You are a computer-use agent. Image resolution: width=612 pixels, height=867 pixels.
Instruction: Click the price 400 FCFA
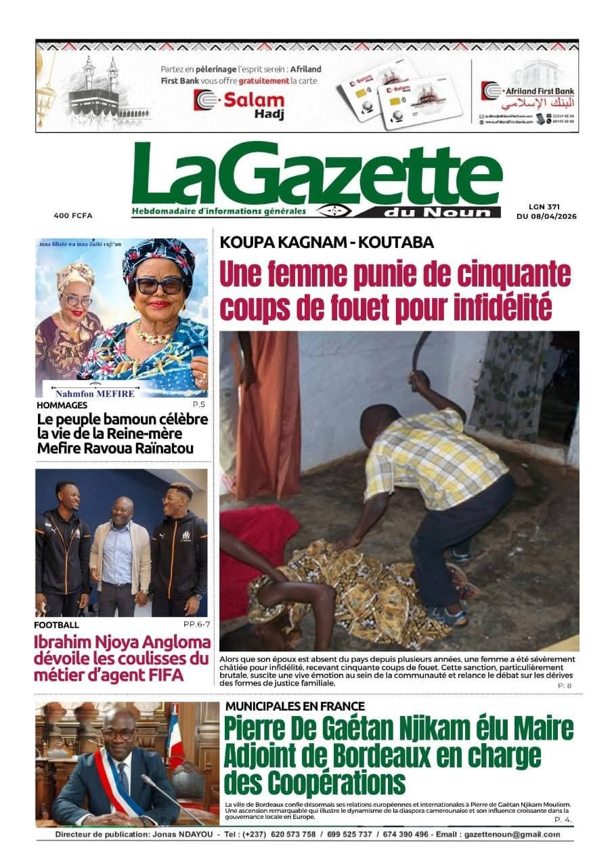[73, 215]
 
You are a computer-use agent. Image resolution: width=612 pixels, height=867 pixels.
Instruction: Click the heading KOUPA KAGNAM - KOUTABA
[327, 243]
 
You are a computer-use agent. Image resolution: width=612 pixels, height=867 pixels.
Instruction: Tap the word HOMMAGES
[62, 405]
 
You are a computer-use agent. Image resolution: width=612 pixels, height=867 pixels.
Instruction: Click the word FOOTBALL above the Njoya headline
[56, 625]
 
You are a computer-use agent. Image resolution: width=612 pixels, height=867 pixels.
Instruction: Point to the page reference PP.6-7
[195, 625]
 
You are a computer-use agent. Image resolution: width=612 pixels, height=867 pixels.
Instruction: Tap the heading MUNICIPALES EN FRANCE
[294, 706]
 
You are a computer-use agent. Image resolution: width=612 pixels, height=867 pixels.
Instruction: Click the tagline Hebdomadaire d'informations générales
[219, 211]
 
